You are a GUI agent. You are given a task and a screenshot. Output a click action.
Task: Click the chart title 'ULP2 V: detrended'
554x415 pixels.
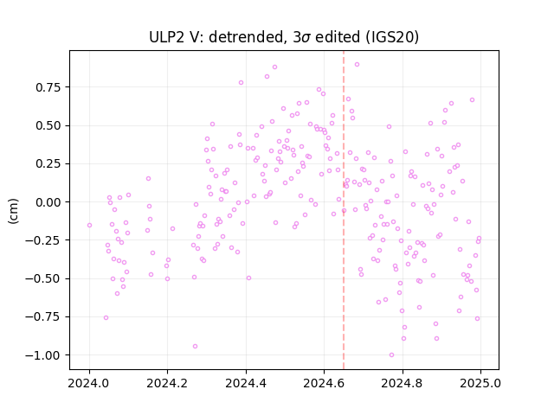click(x=217, y=37)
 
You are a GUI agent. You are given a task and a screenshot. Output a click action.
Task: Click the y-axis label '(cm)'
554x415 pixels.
click(x=13, y=211)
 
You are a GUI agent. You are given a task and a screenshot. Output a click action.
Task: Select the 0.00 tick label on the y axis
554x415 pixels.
click(x=48, y=202)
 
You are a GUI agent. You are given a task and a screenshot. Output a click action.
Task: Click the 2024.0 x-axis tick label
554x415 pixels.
click(x=89, y=383)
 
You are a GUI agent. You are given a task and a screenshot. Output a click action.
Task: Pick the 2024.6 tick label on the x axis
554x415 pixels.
click(x=324, y=383)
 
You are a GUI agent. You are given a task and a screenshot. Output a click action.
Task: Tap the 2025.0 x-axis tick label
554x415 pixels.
click(x=480, y=383)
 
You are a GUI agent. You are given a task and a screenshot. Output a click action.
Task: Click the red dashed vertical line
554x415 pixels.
click(x=344, y=210)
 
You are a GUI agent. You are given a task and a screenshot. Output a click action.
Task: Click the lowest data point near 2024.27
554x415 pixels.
click(x=195, y=346)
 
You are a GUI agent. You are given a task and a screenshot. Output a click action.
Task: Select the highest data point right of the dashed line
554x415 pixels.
click(x=357, y=64)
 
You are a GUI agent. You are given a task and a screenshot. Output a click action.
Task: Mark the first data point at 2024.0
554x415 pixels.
click(x=89, y=225)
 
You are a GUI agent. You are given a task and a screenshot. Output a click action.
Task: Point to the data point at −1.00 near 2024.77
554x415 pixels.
click(x=391, y=354)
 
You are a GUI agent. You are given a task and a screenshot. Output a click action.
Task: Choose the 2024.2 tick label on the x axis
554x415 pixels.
click(x=167, y=383)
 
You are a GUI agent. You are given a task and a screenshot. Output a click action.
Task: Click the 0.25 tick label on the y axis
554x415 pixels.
click(x=48, y=164)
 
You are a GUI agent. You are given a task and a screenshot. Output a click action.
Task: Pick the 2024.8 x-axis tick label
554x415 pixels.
click(x=402, y=383)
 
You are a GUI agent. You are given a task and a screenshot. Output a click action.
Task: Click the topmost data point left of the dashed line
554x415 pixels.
click(x=274, y=67)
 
